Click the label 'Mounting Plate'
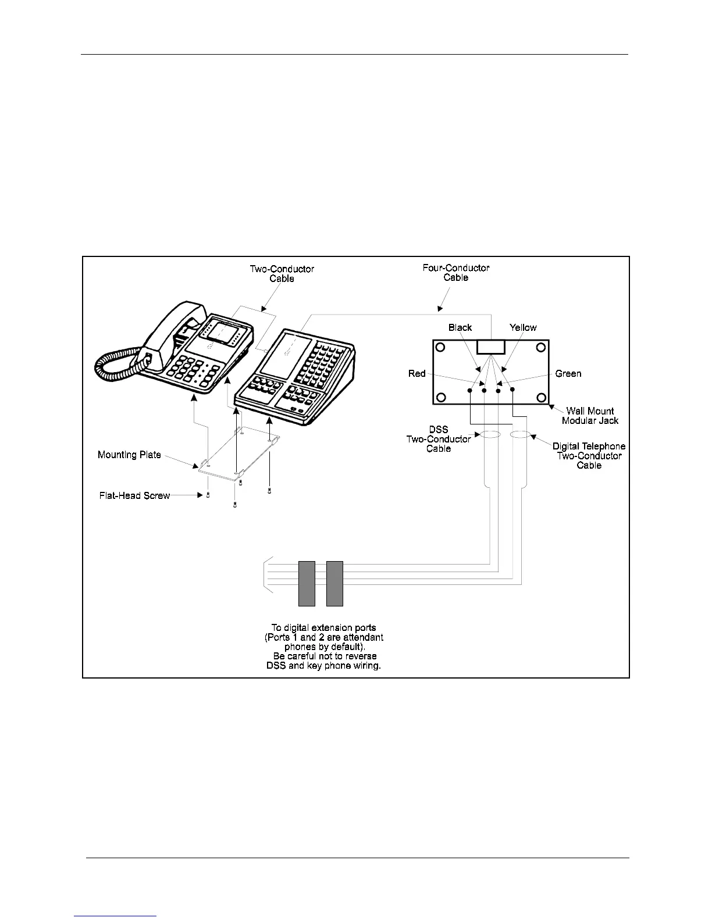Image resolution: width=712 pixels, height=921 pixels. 129,455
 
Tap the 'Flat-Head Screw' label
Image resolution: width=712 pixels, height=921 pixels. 134,496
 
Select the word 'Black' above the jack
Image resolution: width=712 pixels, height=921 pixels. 460,327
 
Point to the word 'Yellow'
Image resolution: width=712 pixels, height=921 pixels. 523,327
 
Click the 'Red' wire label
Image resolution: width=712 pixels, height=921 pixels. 417,373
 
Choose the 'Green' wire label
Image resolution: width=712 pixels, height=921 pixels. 568,373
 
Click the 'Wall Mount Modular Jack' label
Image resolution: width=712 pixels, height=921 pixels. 590,415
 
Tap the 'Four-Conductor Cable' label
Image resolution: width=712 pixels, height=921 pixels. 456,273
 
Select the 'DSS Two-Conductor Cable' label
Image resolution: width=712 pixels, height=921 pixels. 439,439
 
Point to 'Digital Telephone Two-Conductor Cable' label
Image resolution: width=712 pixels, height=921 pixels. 589,455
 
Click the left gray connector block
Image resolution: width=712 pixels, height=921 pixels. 307,583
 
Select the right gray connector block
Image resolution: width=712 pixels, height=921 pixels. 334,583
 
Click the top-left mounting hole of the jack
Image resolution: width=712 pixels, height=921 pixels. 440,348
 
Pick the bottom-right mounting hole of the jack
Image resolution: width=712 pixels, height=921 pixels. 542,398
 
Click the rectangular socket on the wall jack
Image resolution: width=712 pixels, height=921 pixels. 490,347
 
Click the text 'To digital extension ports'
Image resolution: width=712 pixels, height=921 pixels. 323,628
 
